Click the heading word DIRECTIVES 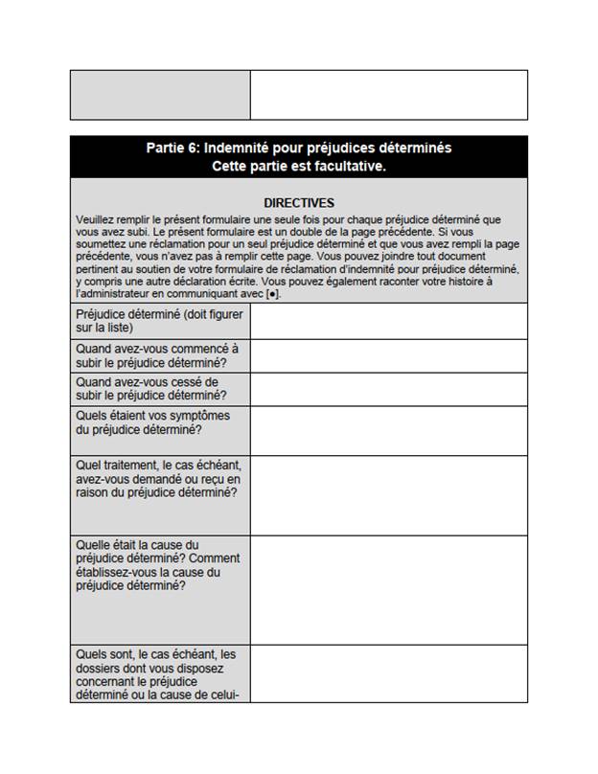pos(299,203)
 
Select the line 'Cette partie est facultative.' pos(299,166)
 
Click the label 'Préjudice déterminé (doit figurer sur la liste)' pos(159,321)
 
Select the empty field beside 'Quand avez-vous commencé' pos(388,355)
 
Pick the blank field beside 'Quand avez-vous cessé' pos(388,388)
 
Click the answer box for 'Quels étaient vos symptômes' pos(388,430)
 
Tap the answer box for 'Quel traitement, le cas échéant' pos(388,494)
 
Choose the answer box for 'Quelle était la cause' pos(388,589)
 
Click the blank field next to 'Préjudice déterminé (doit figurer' pos(388,321)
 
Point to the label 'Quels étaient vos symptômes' pos(153,422)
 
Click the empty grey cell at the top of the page pos(160,95)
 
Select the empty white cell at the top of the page pos(388,95)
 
